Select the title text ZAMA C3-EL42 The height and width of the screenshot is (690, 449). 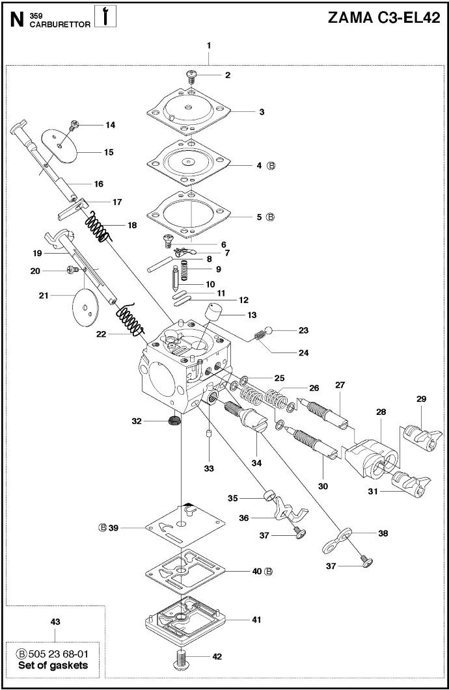(384, 18)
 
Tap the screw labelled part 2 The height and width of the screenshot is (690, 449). (192, 77)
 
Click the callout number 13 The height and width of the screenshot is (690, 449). (252, 315)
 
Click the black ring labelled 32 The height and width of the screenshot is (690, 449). (174, 420)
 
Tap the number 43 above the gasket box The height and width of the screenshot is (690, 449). (55, 622)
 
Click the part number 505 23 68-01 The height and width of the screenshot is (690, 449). (58, 654)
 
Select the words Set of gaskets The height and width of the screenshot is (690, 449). (53, 665)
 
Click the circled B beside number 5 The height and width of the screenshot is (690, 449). (271, 217)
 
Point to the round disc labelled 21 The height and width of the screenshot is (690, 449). (86, 307)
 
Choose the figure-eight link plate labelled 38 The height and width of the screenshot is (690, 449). (336, 540)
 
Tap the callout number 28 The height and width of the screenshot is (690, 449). (381, 412)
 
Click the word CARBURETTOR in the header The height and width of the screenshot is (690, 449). (60, 25)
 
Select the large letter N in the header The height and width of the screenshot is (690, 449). (17, 19)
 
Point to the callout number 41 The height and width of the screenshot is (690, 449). (256, 620)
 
